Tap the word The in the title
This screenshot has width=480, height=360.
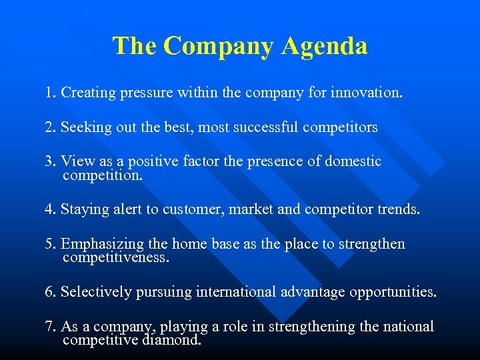pyautogui.click(x=135, y=46)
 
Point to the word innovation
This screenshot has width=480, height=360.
pyautogui.click(x=369, y=93)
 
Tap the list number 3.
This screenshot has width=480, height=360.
pyautogui.click(x=49, y=161)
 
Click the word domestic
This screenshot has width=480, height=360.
pyautogui.click(x=353, y=161)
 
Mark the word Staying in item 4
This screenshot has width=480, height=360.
pyautogui.click(x=83, y=209)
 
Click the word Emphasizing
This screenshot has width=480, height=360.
pyautogui.click(x=99, y=244)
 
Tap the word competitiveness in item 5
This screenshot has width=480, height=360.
pyautogui.click(x=116, y=257)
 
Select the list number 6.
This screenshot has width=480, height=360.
pyautogui.click(x=49, y=292)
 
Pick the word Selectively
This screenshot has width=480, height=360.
pyautogui.click(x=94, y=292)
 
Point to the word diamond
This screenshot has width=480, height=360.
pyautogui.click(x=171, y=340)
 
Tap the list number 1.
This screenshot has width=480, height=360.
pyautogui.click(x=49, y=93)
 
